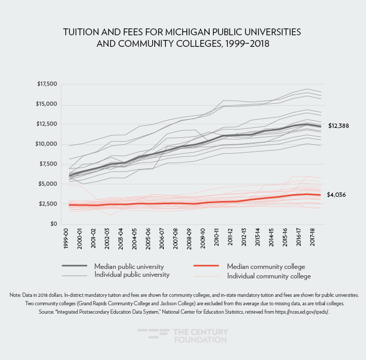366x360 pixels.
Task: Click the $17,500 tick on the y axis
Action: pos(46,84)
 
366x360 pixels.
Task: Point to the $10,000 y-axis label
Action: pos(46,144)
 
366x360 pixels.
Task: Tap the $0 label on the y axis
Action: pos(52,224)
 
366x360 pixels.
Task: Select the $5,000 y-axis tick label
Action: pos(48,184)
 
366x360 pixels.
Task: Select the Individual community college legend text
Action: pos(269,276)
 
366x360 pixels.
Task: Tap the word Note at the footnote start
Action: pos(15,295)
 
